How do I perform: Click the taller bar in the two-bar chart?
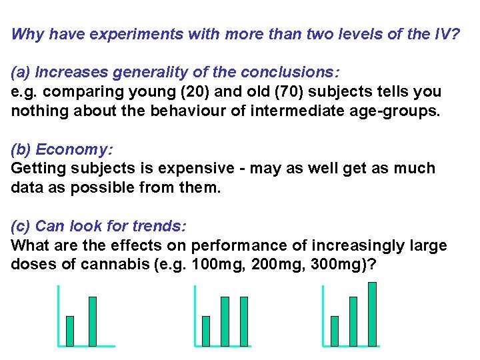[x=92, y=321]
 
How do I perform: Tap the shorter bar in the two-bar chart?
[x=70, y=331]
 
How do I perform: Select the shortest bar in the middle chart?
[x=206, y=331]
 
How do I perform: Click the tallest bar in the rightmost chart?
[x=372, y=314]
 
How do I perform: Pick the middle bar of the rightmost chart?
[x=353, y=321]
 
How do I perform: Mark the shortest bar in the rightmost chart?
[x=335, y=331]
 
